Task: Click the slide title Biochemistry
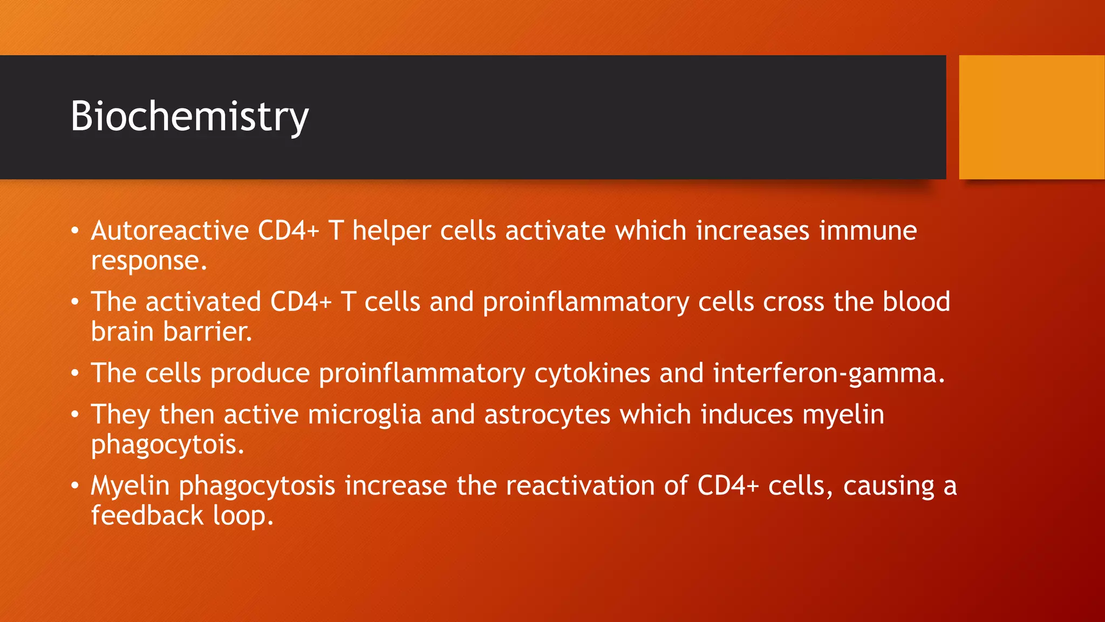(x=189, y=116)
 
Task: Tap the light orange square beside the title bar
(x=1032, y=117)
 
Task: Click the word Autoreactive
(x=169, y=231)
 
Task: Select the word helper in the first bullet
(x=391, y=231)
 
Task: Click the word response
(x=148, y=261)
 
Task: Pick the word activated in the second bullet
(x=203, y=302)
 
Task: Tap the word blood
(x=916, y=302)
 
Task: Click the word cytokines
(x=592, y=373)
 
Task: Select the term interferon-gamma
(x=829, y=373)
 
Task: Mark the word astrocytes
(x=547, y=415)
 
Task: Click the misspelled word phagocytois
(x=167, y=445)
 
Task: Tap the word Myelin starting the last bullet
(x=130, y=485)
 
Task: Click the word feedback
(x=147, y=516)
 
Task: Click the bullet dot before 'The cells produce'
(x=75, y=373)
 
